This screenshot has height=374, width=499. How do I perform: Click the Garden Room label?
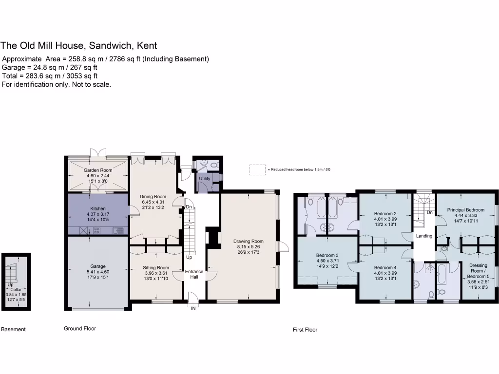98,170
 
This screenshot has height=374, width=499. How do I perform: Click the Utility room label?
205,179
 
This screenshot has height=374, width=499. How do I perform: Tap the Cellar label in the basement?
16,289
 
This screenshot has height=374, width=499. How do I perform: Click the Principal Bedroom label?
466,210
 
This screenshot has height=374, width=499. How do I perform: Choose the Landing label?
424,236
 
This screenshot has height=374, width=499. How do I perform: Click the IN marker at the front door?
193,308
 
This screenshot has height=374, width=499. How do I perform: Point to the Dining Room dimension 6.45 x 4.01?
154,202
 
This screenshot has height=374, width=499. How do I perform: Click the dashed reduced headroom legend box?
257,169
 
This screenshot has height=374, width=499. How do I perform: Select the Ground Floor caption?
80,329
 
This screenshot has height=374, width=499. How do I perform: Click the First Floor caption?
305,330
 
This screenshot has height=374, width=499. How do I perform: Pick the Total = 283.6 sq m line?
50,76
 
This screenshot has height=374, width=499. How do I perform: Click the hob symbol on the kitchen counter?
96,230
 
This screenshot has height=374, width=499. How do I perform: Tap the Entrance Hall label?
194,274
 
